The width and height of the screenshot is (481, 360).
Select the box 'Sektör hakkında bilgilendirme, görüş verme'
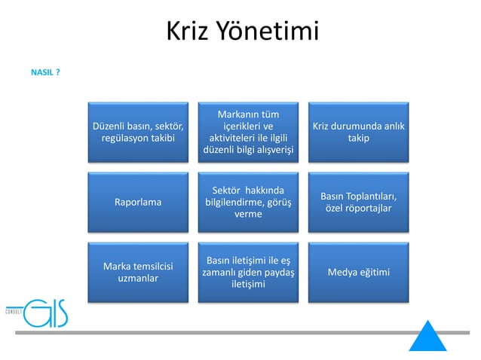point(248,202)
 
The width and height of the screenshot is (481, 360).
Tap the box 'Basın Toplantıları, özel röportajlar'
point(358,202)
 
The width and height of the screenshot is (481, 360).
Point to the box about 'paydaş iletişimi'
point(248,272)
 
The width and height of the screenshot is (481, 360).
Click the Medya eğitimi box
point(358,272)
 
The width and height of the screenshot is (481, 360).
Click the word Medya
point(342,272)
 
